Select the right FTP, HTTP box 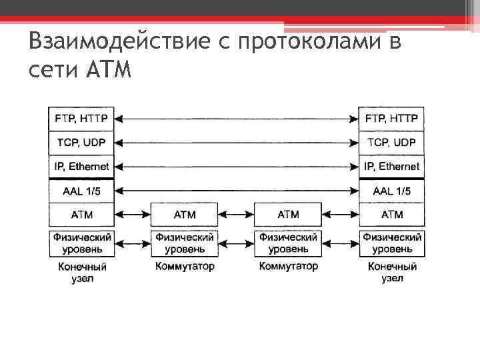392,119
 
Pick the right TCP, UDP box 392,143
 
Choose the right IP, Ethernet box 392,166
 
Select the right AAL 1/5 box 392,191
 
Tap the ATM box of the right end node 392,215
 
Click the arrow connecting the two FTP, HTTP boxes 237,119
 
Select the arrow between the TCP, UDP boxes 237,143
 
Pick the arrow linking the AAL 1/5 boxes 237,191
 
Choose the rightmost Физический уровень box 392,243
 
